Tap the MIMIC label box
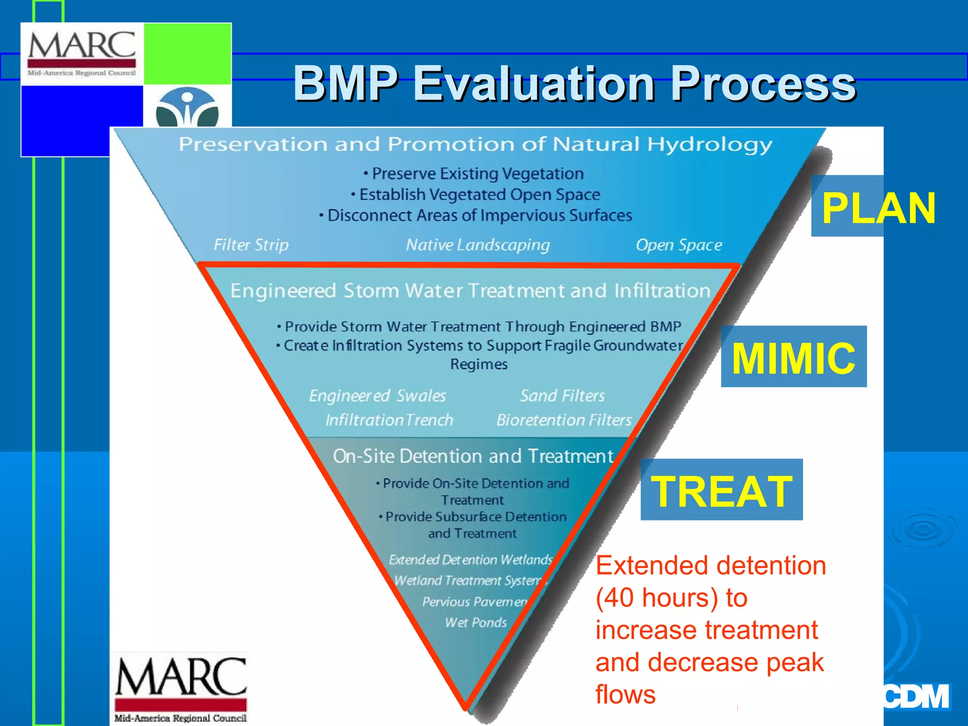794,357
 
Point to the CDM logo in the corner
916,697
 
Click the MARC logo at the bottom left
181,688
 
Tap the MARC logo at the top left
82,53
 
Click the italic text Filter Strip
251,245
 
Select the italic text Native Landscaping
478,245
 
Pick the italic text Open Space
679,245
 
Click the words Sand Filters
562,396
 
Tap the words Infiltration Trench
389,420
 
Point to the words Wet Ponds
475,622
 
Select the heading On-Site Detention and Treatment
473,456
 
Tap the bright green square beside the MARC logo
187,54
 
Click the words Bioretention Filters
564,420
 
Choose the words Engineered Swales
377,396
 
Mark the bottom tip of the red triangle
466,708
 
